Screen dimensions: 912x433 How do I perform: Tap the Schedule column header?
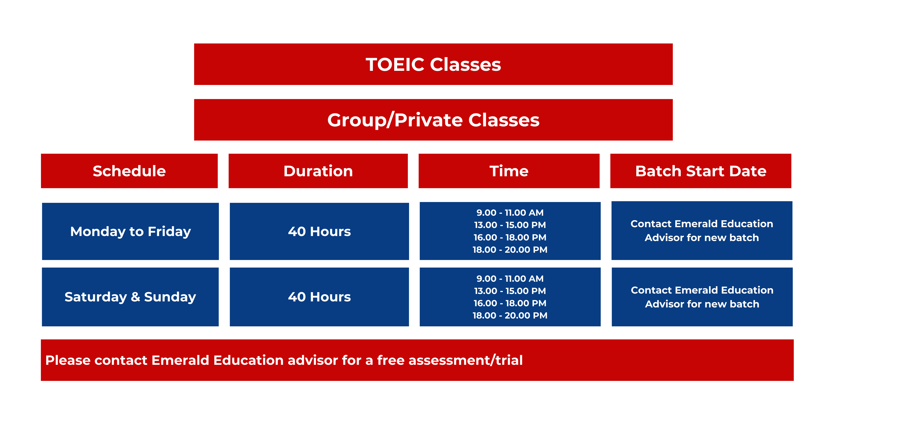point(129,171)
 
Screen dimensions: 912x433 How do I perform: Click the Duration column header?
point(318,171)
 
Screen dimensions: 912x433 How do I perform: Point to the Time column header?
point(509,171)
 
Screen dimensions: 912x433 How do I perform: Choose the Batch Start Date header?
point(701,171)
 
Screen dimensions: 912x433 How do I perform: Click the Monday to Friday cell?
point(130,231)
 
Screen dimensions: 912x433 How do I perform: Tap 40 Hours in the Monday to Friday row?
point(319,231)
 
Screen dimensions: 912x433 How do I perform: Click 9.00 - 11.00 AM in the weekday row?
point(510,213)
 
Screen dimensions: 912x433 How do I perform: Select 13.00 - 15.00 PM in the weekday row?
point(510,225)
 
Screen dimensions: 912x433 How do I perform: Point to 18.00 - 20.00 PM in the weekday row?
point(510,250)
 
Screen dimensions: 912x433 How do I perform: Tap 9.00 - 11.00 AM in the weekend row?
point(510,278)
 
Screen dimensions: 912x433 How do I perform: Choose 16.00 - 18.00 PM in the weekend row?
point(510,303)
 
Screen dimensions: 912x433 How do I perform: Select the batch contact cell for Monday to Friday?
point(702,231)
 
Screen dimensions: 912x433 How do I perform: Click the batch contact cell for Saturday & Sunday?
point(702,297)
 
